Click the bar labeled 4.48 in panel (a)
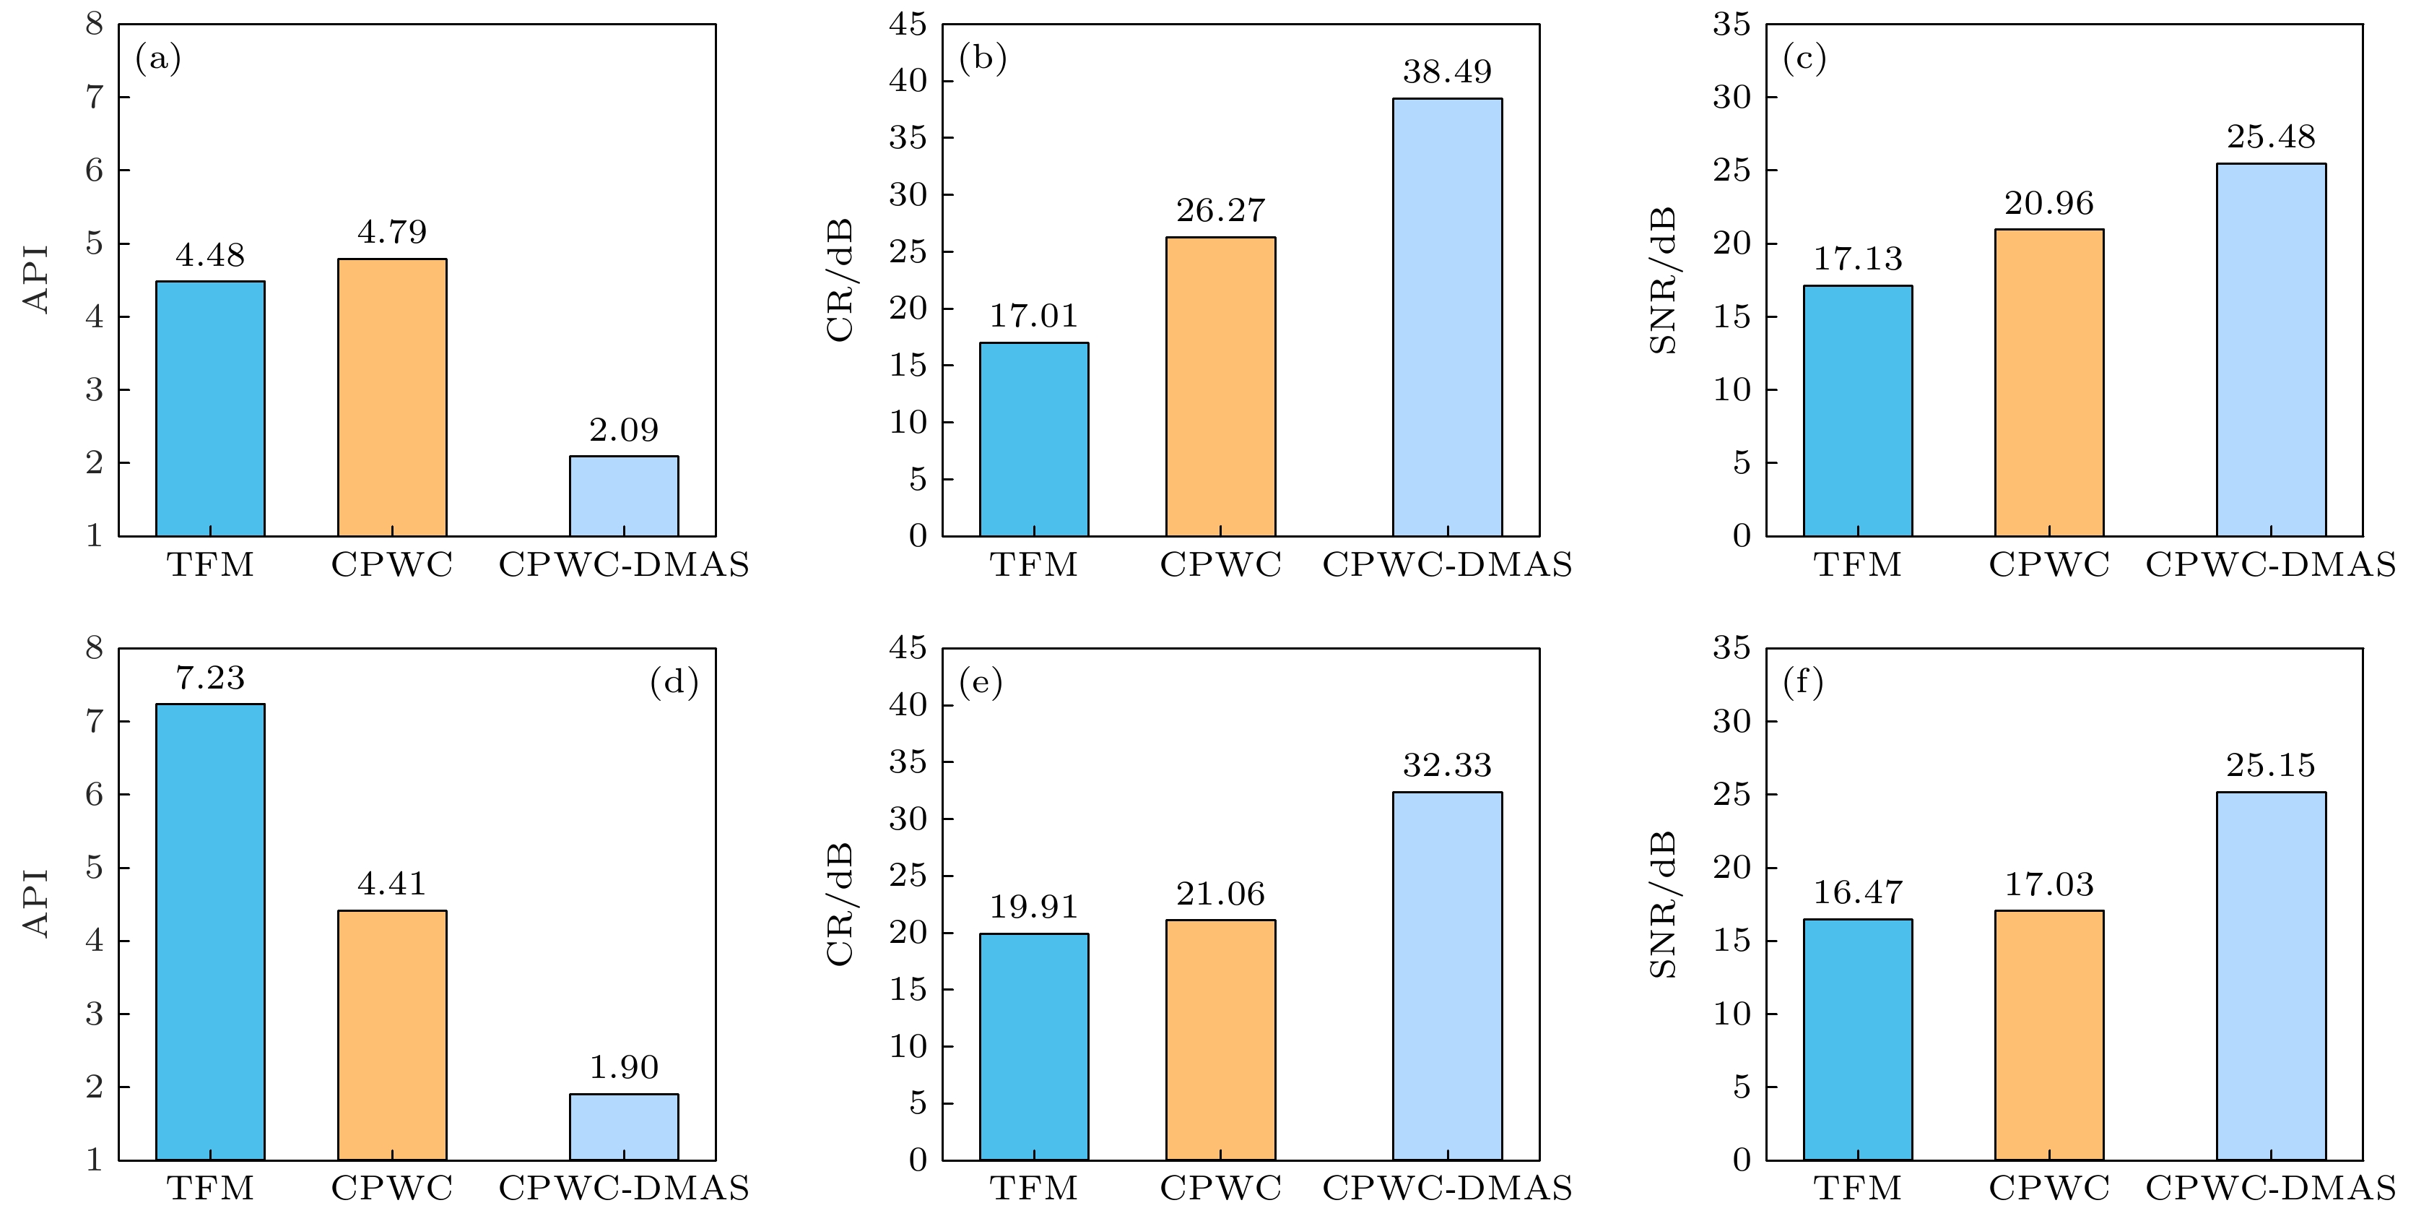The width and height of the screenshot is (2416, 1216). (210, 408)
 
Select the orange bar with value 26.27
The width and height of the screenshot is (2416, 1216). (1220, 387)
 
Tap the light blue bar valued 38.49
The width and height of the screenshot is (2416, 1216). (1446, 317)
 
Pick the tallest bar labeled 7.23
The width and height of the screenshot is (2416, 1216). (210, 932)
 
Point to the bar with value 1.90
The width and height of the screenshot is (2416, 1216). (624, 1127)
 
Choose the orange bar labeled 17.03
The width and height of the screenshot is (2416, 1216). (2048, 1035)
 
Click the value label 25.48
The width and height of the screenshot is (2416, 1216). (2271, 137)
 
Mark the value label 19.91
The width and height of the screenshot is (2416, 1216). (1033, 906)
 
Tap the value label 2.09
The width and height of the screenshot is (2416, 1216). (624, 430)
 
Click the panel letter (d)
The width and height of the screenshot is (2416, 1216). (674, 682)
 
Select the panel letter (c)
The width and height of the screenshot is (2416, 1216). (1804, 59)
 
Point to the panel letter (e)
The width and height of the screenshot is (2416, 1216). (980, 682)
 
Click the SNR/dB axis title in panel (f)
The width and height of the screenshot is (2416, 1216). (1663, 905)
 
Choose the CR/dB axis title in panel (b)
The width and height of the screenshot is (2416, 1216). (840, 280)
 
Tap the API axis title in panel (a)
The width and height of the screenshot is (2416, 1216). (35, 280)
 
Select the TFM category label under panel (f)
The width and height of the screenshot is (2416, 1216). (1857, 1189)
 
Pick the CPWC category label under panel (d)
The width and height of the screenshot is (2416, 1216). (392, 1189)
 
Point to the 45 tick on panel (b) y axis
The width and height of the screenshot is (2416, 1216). (907, 25)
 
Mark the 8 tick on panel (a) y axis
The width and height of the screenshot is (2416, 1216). (94, 25)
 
